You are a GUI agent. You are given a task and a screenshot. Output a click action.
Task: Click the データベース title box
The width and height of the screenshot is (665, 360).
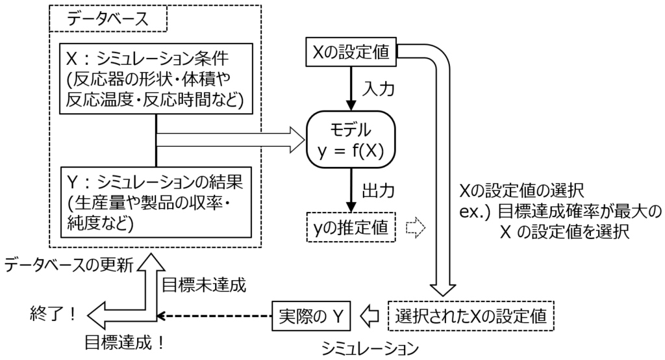(108, 19)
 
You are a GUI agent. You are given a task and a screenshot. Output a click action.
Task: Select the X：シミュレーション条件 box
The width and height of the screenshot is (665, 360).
(156, 81)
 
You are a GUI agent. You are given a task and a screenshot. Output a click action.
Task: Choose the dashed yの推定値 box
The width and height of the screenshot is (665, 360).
(351, 228)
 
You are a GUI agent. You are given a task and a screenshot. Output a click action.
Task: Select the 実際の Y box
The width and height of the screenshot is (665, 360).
(310, 316)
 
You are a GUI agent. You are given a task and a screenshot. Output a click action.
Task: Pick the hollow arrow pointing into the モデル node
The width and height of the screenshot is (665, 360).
(231, 138)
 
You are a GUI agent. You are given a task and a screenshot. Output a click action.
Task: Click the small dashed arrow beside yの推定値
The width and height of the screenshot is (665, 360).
(414, 228)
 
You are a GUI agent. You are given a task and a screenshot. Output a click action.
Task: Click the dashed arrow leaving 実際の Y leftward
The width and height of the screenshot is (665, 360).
(214, 316)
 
